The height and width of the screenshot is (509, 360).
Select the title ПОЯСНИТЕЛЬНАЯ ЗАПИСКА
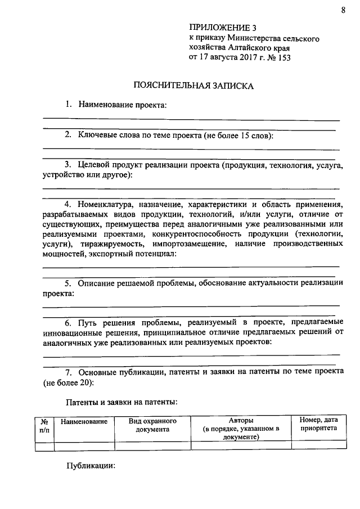[193, 86]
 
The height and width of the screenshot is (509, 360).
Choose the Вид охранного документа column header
[152, 425]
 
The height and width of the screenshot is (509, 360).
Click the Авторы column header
[241, 420]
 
